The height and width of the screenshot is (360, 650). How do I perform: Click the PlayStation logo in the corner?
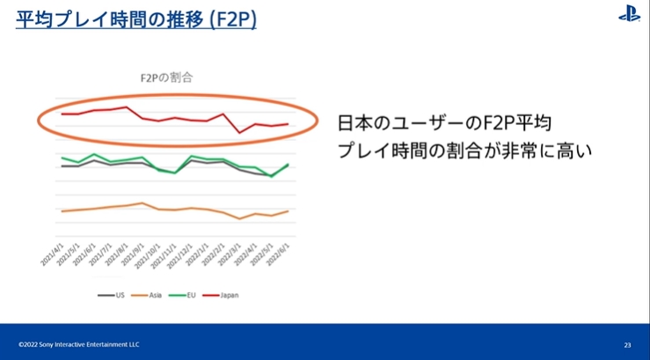point(629,14)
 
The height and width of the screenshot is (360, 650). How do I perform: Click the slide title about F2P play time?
point(136,18)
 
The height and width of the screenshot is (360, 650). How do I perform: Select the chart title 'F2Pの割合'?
point(166,77)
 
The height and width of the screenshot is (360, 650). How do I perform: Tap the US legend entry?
point(112,295)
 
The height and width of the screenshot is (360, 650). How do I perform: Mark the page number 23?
point(627,344)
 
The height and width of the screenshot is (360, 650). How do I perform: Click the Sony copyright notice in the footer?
point(79,344)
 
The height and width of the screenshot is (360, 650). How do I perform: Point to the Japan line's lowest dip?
point(240,133)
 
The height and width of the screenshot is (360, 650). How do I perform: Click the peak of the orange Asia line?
point(143,203)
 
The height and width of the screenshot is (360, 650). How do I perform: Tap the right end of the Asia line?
point(288,211)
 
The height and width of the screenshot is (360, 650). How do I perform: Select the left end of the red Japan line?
point(62,114)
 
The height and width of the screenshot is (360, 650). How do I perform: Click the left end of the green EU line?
point(62,158)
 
